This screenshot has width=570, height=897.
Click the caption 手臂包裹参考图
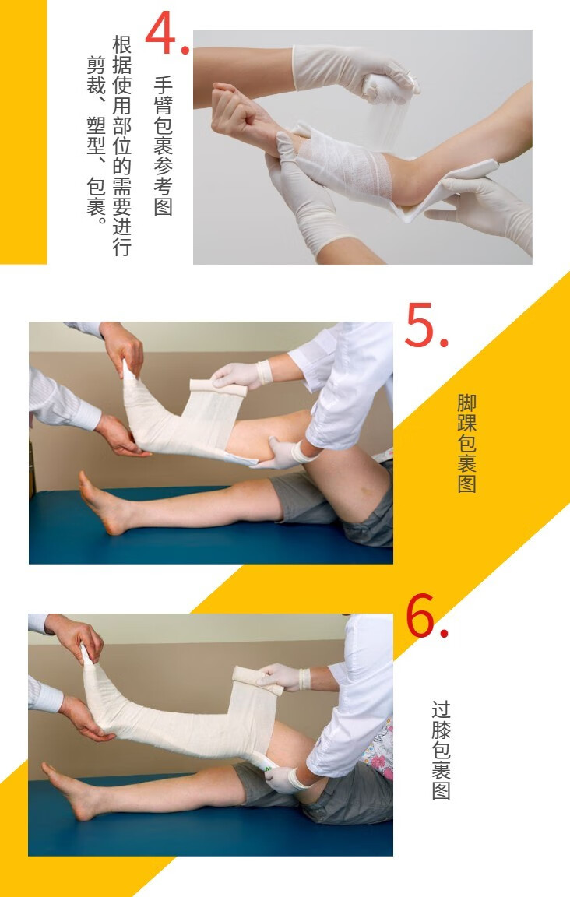tap(162, 146)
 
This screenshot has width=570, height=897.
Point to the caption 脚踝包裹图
tap(466, 443)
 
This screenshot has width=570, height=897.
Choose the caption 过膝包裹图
tap(441, 750)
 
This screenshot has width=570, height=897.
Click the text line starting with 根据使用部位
tap(121, 146)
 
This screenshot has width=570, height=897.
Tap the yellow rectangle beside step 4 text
tap(23, 132)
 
